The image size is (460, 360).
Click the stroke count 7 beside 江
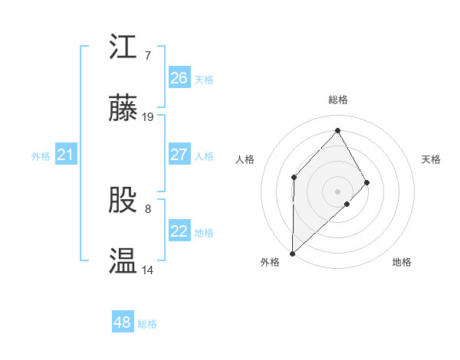(147, 56)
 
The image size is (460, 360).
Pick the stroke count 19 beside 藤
(148, 117)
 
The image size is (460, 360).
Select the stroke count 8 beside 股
(147, 208)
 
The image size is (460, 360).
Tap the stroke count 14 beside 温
(148, 270)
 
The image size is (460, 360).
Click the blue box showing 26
(179, 78)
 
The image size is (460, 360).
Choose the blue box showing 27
(179, 155)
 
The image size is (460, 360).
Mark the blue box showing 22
(179, 231)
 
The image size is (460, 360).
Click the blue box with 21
(65, 155)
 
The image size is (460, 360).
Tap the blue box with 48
(123, 322)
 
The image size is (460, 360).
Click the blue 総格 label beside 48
(147, 324)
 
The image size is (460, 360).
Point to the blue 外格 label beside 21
(41, 156)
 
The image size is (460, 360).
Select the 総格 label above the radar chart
(337, 100)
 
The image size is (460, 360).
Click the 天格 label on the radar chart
(432, 159)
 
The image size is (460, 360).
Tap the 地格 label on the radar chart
(402, 263)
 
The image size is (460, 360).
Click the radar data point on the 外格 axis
(292, 253)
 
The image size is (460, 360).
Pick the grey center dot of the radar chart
(337, 191)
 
